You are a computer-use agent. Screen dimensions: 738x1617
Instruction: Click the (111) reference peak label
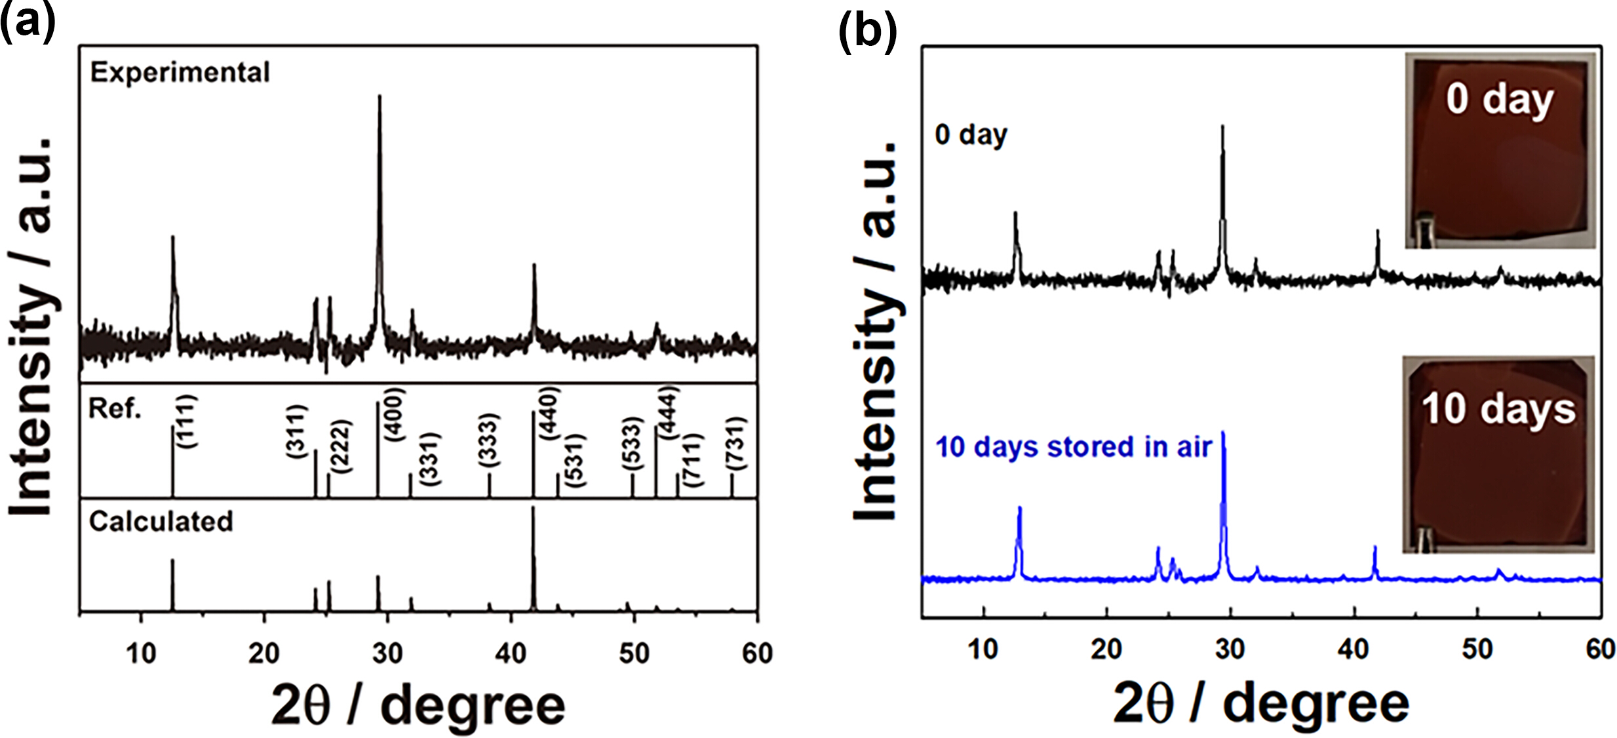point(187,421)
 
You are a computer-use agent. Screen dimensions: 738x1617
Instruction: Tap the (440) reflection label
point(549,413)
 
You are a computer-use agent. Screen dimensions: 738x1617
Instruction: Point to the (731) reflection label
point(735,442)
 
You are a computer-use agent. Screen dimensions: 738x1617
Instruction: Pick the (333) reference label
point(489,440)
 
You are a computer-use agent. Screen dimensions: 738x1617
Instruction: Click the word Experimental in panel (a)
point(180,72)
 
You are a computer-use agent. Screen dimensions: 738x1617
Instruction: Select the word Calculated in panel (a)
point(161,522)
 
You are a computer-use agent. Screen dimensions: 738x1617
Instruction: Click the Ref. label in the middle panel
point(115,409)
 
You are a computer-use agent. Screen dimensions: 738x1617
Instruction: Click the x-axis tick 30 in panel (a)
point(387,653)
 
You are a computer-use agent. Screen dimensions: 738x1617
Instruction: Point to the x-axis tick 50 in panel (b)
point(1477,650)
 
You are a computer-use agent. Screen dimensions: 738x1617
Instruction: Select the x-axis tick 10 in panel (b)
point(983,650)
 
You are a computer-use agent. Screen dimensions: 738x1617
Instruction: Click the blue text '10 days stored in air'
point(1073,447)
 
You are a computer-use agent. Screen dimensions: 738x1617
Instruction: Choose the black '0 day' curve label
point(971,134)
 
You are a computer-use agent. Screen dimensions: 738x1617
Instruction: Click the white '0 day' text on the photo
point(1500,99)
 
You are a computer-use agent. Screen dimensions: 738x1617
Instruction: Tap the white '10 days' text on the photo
point(1498,409)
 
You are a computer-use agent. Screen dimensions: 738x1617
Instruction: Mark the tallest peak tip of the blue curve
point(1223,433)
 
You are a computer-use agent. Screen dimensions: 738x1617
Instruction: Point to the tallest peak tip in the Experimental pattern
point(380,97)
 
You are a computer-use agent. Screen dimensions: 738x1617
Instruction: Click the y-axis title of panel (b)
point(876,331)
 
